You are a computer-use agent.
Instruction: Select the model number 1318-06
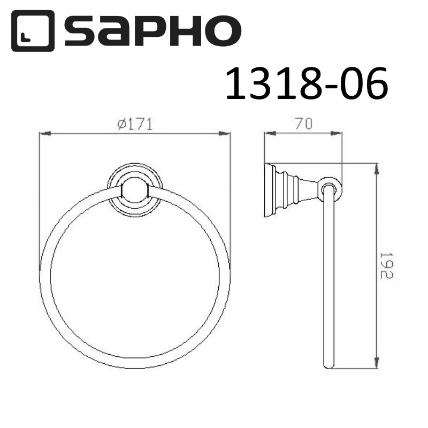[x=305, y=85]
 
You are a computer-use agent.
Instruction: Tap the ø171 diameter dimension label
[x=135, y=124]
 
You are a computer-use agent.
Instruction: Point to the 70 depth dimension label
[x=303, y=124]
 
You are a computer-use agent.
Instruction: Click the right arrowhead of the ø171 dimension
[x=226, y=133]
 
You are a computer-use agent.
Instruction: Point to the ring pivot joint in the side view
[x=331, y=188]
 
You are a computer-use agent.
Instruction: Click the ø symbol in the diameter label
[x=121, y=124]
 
